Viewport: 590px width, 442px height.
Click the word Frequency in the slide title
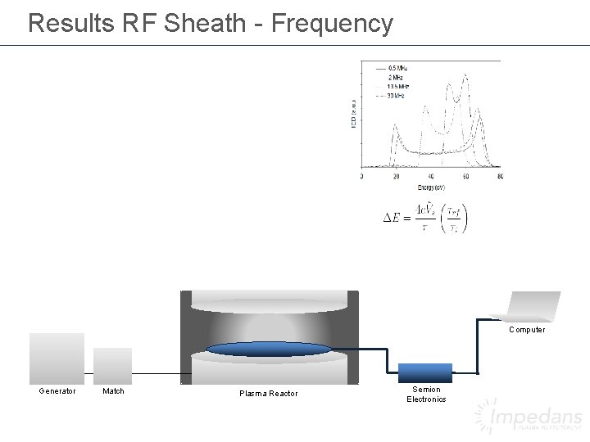[x=331, y=23]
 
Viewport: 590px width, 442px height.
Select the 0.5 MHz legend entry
[x=397, y=66]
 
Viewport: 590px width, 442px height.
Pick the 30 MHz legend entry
[x=396, y=96]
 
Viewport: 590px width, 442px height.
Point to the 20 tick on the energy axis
[x=397, y=177]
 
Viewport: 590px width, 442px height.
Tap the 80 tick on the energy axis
[x=500, y=177]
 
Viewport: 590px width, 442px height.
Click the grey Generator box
[x=57, y=357]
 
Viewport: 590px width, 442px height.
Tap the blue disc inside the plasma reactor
[x=269, y=350]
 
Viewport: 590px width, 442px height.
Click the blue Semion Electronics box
[x=425, y=372]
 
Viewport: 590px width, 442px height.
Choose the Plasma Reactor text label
[x=269, y=395]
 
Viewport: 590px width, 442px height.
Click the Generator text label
[x=57, y=391]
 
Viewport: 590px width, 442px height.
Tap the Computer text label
[x=526, y=330]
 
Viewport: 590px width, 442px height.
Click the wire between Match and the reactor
[x=156, y=373]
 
